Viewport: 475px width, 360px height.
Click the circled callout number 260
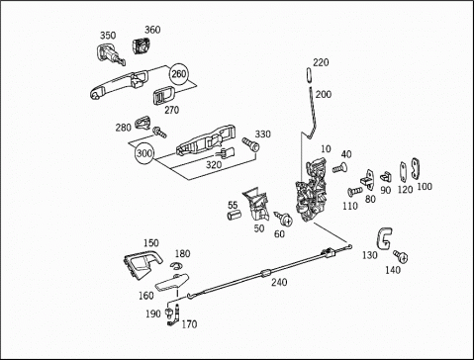pos(179,74)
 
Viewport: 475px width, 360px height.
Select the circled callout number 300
pos(144,153)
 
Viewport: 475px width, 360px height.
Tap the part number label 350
pos(108,36)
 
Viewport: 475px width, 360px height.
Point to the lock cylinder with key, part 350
pos(111,54)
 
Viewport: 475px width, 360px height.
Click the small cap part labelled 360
pos(142,45)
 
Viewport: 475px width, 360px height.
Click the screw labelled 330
pos(250,144)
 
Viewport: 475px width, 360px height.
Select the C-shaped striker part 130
pos(384,238)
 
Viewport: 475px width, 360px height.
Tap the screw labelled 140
pos(401,256)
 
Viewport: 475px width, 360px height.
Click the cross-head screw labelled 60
pos(283,219)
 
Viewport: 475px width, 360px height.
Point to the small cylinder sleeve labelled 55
pos(234,215)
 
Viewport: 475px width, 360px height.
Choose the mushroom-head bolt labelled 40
pos(340,168)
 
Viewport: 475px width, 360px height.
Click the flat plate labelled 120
pos(403,171)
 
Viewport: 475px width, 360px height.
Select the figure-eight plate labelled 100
pos(415,169)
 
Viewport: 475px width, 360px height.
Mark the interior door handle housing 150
pos(142,262)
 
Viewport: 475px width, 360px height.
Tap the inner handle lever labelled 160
pos(172,283)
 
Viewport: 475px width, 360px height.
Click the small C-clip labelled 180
pos(176,265)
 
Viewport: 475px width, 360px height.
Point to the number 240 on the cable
pos(279,283)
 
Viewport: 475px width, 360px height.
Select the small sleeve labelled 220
pos(309,76)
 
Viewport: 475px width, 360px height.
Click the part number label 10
pos(326,149)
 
